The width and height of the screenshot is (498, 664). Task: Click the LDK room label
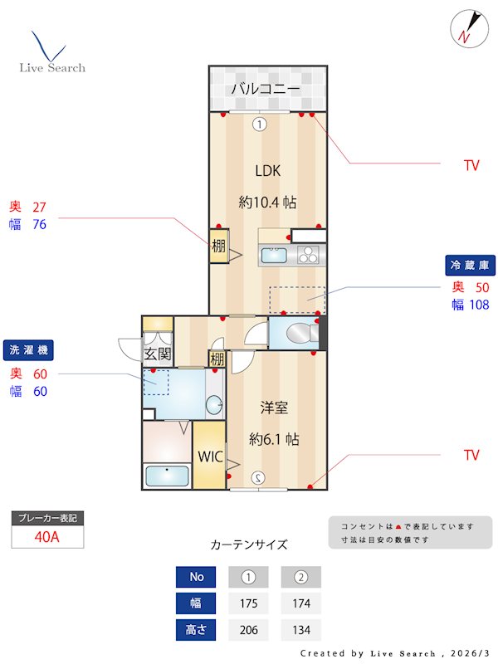pos(267,171)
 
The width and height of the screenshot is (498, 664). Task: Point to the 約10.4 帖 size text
pos(267,202)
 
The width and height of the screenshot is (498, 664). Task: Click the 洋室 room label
pos(274,408)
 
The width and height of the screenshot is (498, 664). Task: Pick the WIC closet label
pos(208,456)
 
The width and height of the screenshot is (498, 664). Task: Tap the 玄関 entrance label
pos(157,354)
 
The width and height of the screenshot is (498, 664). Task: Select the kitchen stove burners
pos(308,255)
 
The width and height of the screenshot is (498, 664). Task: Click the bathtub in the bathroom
pos(167,476)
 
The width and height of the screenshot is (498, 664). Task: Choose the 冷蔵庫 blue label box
pos(471,266)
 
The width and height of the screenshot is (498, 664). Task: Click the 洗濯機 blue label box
pos(28,350)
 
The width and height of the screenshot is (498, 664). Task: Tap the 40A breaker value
pos(47,536)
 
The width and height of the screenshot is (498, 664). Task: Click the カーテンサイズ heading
pos(249,544)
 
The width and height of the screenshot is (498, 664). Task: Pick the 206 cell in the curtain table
pos(247,630)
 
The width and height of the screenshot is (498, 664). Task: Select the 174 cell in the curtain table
pos(300,603)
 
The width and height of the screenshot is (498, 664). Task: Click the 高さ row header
pos(195,630)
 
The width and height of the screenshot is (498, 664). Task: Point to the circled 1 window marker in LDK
pos(259,124)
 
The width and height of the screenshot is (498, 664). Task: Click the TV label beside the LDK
pos(471,165)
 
